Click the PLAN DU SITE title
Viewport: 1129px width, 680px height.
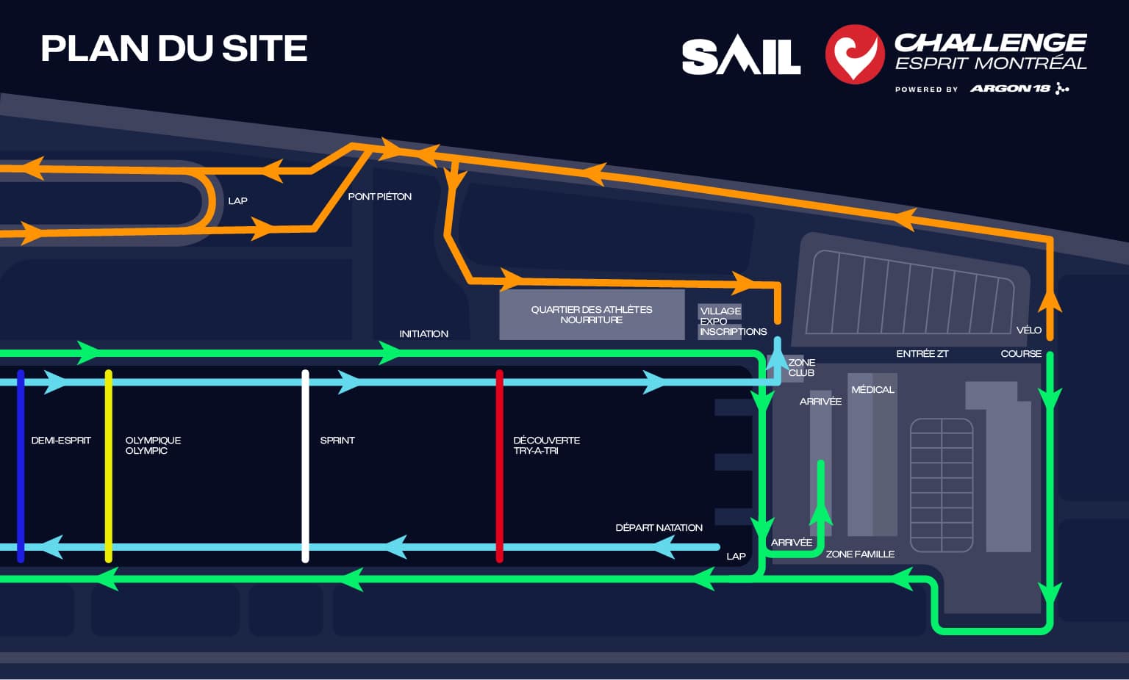tap(174, 49)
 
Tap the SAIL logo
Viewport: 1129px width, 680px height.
tap(741, 57)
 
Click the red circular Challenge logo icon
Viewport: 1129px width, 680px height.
tap(854, 54)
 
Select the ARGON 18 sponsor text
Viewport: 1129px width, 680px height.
tap(1011, 89)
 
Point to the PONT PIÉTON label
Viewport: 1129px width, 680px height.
tap(379, 197)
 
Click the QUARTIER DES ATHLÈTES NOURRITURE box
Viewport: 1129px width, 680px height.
tap(591, 315)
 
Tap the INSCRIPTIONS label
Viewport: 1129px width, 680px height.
tap(733, 332)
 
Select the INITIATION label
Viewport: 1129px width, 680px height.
tap(423, 334)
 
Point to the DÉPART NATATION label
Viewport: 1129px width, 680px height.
tap(659, 528)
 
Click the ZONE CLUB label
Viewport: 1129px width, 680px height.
tap(801, 368)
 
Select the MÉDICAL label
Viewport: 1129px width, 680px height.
tap(872, 390)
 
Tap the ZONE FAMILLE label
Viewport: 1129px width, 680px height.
tap(860, 554)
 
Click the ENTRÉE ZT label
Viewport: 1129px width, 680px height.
tap(922, 354)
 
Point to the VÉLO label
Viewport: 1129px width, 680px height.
tap(1028, 330)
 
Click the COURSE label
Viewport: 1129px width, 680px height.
tap(1021, 354)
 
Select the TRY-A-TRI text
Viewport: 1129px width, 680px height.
tap(536, 451)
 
